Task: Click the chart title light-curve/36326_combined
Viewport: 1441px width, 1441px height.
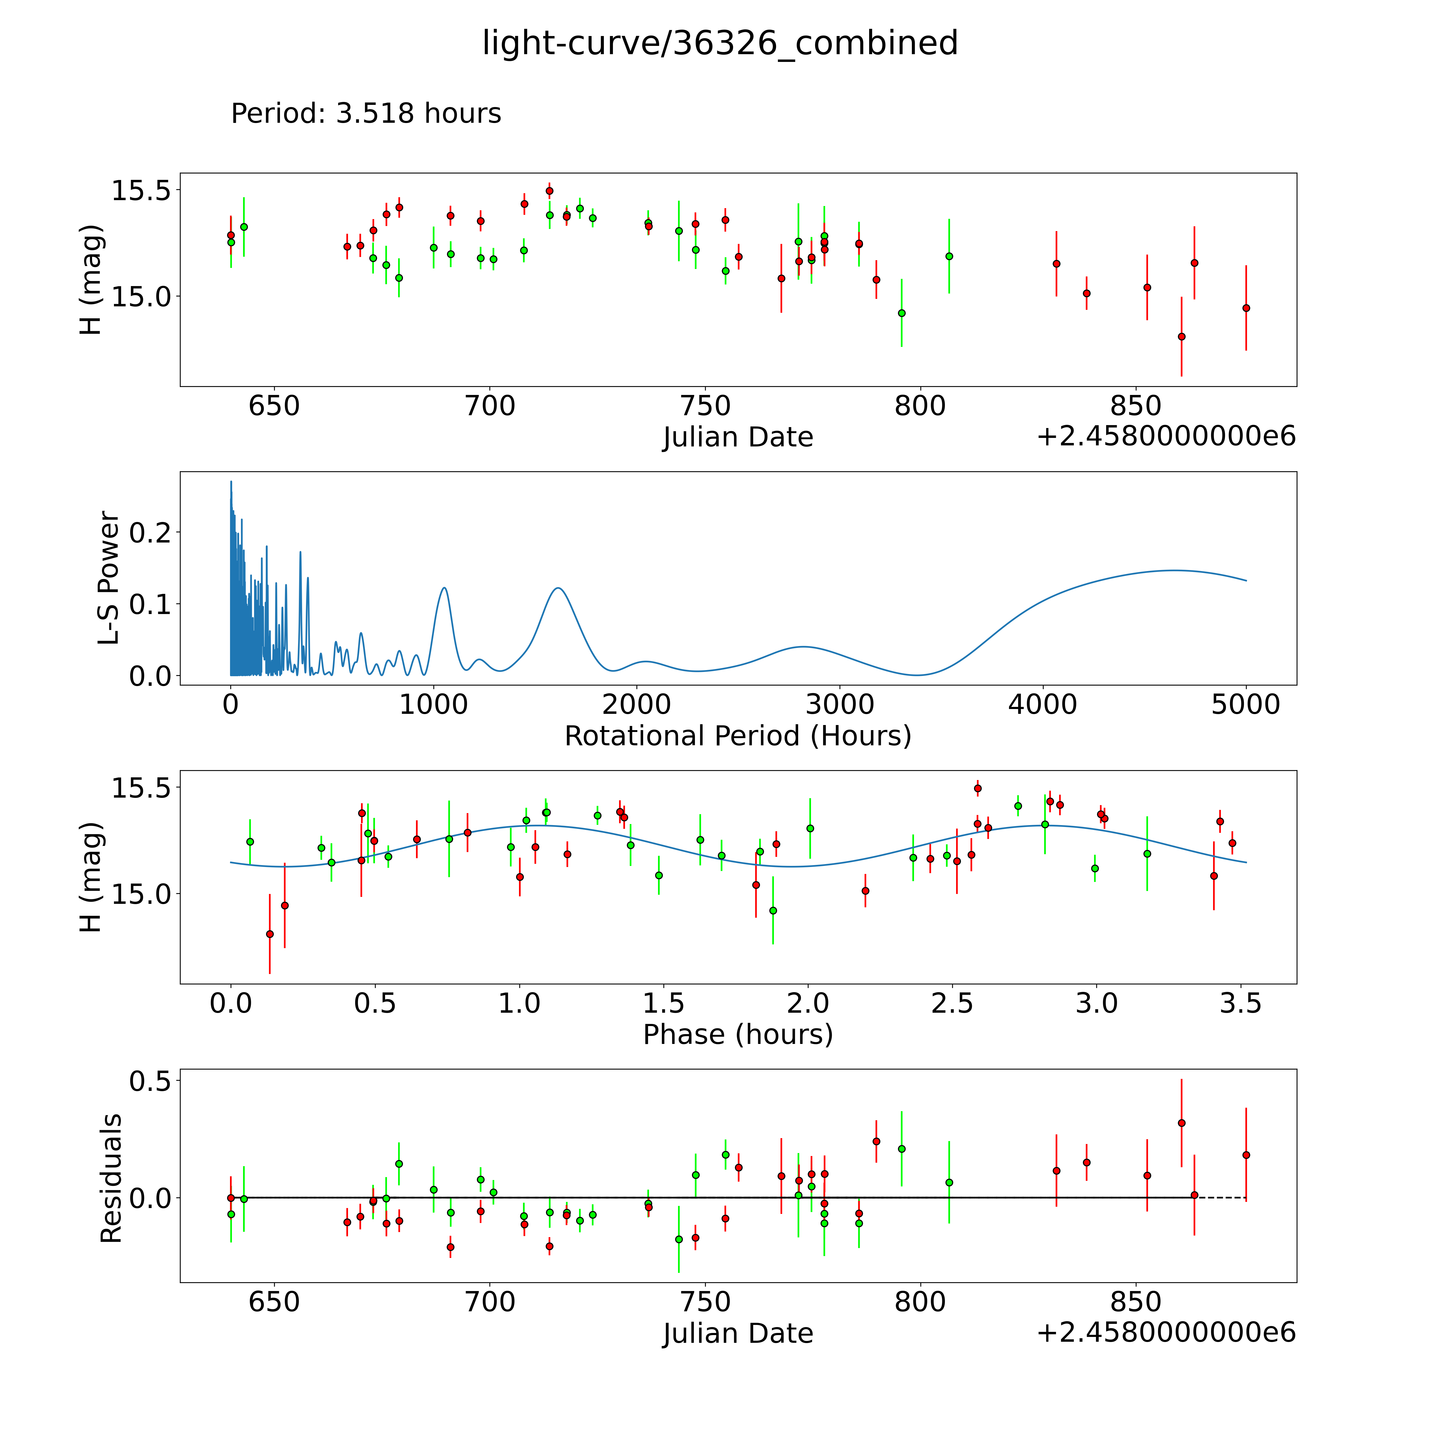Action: click(x=720, y=43)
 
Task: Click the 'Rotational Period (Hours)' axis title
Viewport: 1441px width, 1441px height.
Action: click(x=738, y=736)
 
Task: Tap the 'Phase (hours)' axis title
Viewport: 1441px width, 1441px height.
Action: click(x=738, y=1035)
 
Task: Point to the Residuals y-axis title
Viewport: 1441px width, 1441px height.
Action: click(x=110, y=1178)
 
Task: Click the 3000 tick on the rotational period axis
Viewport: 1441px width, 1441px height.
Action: click(x=840, y=704)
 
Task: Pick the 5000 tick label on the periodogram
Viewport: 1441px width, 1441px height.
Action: click(x=1246, y=704)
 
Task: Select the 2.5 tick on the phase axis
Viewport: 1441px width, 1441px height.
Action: click(x=952, y=1003)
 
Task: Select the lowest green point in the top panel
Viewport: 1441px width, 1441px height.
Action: click(x=902, y=313)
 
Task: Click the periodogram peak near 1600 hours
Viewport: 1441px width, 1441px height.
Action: click(x=558, y=588)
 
